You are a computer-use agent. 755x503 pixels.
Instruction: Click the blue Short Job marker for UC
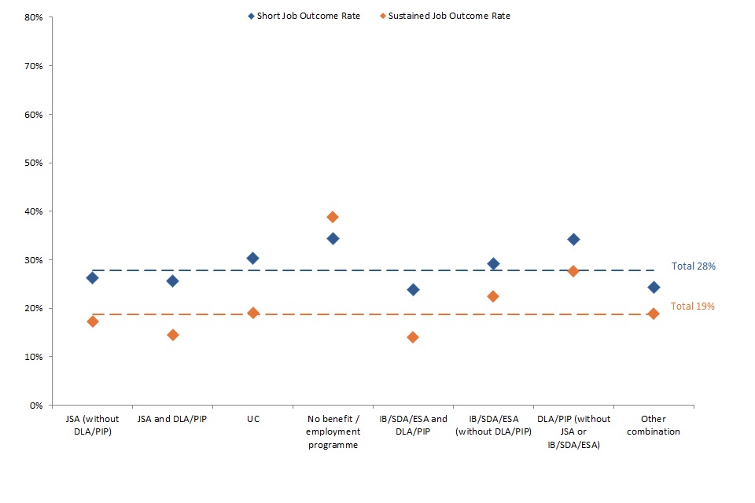tap(252, 258)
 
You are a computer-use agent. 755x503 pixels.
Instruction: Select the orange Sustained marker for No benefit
tap(333, 217)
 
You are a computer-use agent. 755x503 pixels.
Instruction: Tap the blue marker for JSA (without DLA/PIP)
tap(93, 277)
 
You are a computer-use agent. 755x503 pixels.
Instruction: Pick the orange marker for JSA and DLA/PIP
tap(173, 335)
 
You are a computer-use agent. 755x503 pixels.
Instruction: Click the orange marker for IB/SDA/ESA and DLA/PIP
tap(413, 337)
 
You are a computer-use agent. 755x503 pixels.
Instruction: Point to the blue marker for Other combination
tap(653, 287)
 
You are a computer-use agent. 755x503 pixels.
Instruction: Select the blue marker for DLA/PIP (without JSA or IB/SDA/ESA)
tap(573, 239)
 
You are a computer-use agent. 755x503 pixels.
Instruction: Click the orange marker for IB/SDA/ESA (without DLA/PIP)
tap(493, 296)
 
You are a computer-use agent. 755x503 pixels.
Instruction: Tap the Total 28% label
tap(693, 266)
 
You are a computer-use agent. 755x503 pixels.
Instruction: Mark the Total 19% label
tap(693, 307)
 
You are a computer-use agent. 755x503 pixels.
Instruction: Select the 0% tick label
tap(35, 405)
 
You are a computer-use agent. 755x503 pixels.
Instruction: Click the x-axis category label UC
tap(252, 420)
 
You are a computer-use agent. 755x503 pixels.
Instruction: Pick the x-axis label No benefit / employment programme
tap(333, 431)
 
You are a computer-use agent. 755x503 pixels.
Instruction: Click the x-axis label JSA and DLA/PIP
tap(173, 420)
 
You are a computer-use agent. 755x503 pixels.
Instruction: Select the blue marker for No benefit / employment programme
tap(333, 238)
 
